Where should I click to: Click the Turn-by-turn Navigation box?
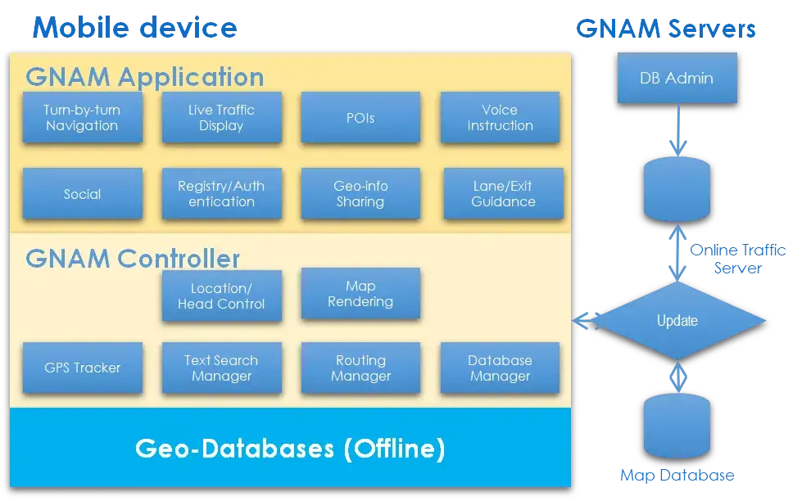click(x=82, y=118)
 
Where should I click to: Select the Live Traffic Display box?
click(x=221, y=118)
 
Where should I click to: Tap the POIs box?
click(x=360, y=118)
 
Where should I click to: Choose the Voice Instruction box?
click(x=500, y=118)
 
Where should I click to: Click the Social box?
click(x=82, y=194)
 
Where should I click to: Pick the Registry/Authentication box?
click(x=221, y=194)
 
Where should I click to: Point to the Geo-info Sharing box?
click(x=360, y=194)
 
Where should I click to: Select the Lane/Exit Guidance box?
click(x=503, y=194)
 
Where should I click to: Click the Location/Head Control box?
click(x=221, y=296)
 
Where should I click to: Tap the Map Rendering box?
click(x=360, y=294)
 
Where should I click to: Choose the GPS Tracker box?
click(x=82, y=368)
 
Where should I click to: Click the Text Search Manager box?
click(x=221, y=368)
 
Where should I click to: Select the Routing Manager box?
click(x=360, y=368)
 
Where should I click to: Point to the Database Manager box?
click(x=500, y=368)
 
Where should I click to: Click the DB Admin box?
click(x=677, y=79)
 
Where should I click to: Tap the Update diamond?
click(x=677, y=321)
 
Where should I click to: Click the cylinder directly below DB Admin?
click(x=677, y=190)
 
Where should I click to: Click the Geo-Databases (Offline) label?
click(x=290, y=449)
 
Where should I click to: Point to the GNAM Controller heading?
click(x=133, y=259)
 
